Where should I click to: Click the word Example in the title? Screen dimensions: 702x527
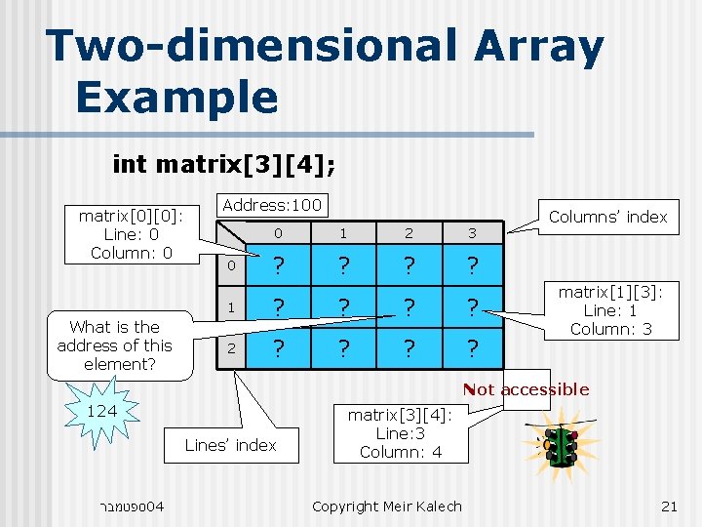click(176, 97)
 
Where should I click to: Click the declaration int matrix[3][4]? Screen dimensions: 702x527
click(225, 163)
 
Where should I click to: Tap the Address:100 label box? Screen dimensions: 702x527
click(271, 205)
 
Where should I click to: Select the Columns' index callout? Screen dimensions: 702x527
click(607, 217)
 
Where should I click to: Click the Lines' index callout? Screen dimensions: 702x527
click(230, 445)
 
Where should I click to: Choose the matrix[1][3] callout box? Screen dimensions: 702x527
click(610, 309)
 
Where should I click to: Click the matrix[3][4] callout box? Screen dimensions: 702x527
click(401, 433)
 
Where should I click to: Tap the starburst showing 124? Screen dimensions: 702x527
click(101, 413)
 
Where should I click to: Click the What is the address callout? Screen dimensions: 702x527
click(114, 345)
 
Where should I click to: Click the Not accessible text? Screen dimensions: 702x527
click(526, 389)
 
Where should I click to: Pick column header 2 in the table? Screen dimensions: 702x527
click(409, 233)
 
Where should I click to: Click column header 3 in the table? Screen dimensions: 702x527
click(473, 233)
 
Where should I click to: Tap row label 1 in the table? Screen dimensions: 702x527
click(231, 306)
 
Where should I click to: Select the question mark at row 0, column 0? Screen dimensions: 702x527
click(279, 266)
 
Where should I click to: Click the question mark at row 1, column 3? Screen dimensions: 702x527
click(473, 307)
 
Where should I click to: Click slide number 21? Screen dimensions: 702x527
click(669, 506)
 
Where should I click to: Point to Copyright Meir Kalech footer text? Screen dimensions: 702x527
click(387, 506)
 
